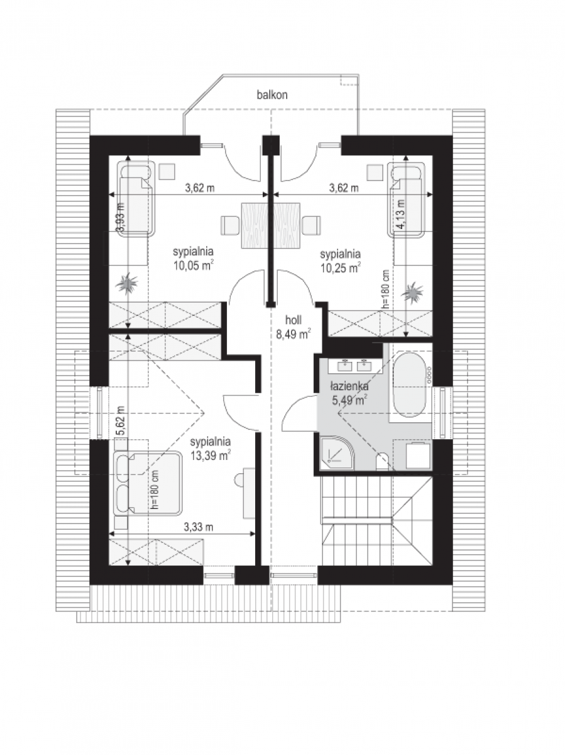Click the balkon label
click(x=272, y=94)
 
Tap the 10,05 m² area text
click(x=194, y=266)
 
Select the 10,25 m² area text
click(x=341, y=268)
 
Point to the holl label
click(x=293, y=320)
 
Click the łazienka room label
click(x=349, y=386)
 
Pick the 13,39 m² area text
click(x=211, y=456)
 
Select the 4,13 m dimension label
click(x=400, y=213)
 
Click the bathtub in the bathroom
click(x=409, y=384)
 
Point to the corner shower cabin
click(x=336, y=453)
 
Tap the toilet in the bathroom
click(x=381, y=462)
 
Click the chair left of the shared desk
click(x=230, y=225)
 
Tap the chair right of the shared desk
click(x=312, y=225)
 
